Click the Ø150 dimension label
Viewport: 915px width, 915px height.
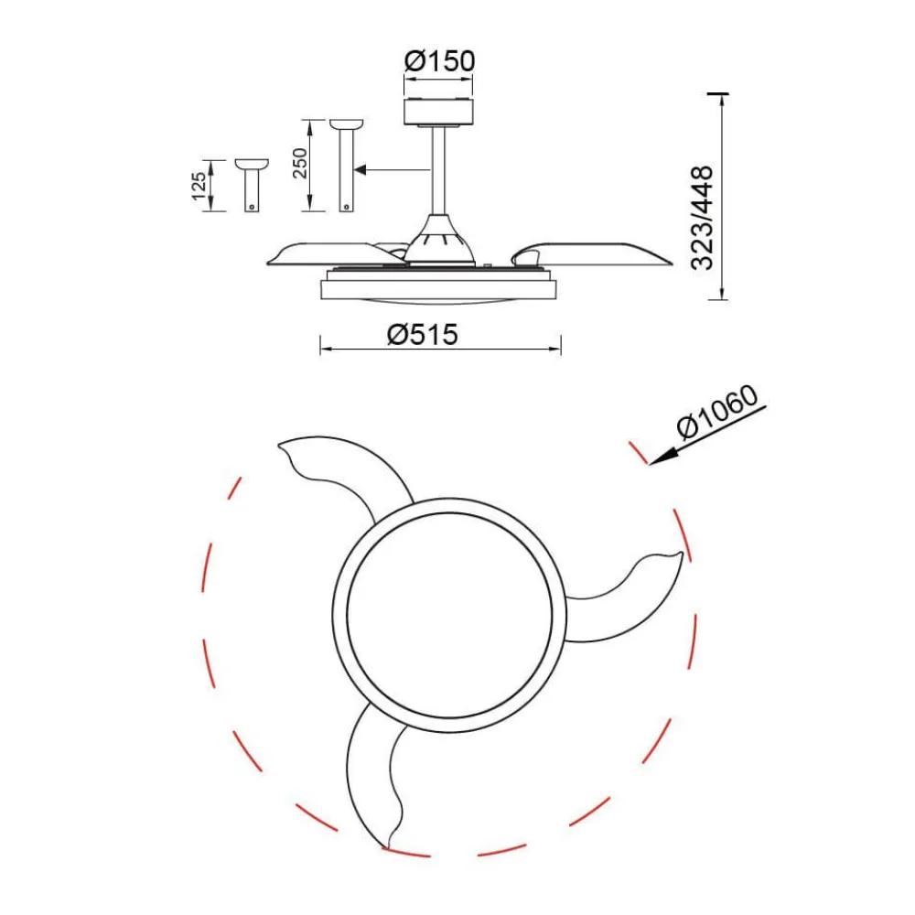439,61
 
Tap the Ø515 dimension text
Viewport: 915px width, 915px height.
423,335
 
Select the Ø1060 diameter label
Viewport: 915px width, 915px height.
717,412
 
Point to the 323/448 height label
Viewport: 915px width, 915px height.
702,219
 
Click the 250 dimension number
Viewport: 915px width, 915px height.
299,164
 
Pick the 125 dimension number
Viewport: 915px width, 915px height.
199,186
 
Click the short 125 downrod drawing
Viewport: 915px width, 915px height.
252,185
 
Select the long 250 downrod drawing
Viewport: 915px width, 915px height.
347,166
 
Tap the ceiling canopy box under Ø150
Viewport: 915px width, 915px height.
439,112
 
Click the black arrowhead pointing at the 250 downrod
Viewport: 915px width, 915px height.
360,170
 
